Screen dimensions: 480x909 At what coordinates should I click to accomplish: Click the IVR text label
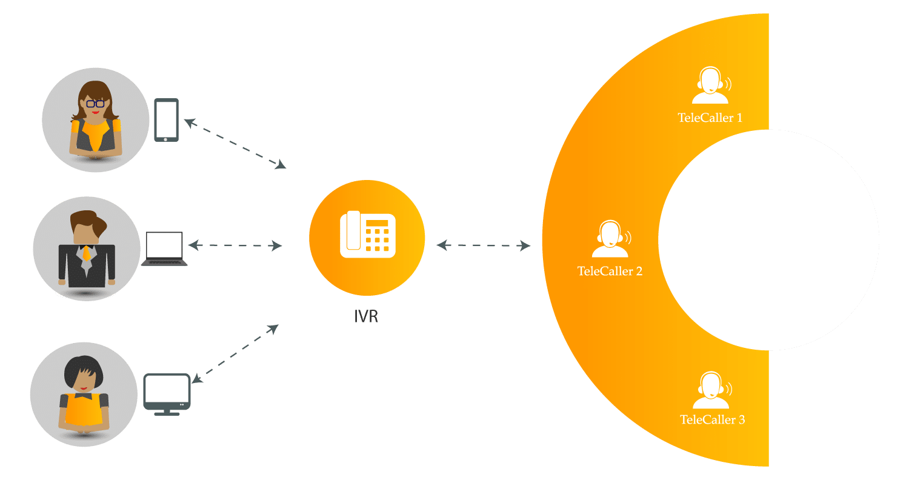[x=367, y=316]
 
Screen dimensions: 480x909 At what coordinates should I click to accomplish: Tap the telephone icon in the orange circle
[x=368, y=235]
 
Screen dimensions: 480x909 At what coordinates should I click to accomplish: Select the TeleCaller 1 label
[x=710, y=118]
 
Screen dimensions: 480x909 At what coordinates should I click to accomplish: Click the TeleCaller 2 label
[x=610, y=271]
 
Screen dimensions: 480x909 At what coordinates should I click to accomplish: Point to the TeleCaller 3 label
[x=712, y=419]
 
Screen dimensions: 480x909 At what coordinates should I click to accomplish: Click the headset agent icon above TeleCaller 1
[x=711, y=87]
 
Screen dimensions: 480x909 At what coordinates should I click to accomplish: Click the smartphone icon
[x=166, y=120]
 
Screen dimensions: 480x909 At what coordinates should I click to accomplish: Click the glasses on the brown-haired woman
[x=95, y=104]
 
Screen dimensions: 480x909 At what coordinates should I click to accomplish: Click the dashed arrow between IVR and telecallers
[x=484, y=245]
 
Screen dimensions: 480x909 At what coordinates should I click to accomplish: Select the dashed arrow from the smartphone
[x=235, y=144]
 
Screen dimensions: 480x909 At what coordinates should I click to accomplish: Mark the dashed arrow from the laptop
[x=235, y=246]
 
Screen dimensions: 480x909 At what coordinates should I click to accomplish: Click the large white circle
[x=768, y=240]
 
